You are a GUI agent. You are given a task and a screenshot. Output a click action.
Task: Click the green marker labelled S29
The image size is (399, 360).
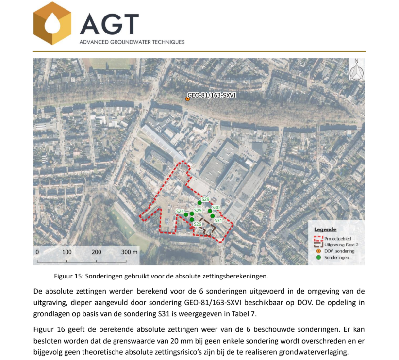point(199,203)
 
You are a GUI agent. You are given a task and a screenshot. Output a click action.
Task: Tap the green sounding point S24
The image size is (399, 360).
point(186,214)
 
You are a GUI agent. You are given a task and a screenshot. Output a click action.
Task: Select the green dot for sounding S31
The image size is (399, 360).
point(213,215)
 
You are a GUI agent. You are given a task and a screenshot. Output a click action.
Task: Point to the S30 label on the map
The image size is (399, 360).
point(216,207)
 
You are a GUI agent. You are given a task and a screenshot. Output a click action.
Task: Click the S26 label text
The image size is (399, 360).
point(198,224)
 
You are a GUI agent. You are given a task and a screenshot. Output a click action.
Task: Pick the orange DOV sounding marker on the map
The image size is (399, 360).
point(187,99)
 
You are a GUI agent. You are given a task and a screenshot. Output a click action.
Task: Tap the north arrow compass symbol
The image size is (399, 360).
point(356,70)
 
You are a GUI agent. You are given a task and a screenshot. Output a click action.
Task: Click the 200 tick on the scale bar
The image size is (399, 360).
point(97,252)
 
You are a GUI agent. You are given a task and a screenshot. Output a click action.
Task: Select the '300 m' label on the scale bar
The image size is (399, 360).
point(130,252)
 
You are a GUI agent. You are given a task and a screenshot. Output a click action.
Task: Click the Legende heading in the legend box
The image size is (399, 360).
point(325,229)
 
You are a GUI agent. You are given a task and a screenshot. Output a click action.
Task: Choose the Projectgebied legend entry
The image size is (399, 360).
point(337,239)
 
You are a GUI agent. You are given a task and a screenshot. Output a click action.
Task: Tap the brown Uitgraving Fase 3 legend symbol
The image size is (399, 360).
point(318,245)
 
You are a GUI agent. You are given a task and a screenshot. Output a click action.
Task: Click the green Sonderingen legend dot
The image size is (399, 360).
point(318,257)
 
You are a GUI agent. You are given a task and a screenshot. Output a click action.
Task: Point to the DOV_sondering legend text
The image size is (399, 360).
point(339,251)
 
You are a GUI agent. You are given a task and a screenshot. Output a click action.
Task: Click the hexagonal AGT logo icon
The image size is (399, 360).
point(52,23)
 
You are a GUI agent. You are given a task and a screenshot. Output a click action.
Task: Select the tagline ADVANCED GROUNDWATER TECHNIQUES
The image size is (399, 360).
point(132,42)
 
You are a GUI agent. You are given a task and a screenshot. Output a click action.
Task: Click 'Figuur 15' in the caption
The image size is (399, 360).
point(68,276)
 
